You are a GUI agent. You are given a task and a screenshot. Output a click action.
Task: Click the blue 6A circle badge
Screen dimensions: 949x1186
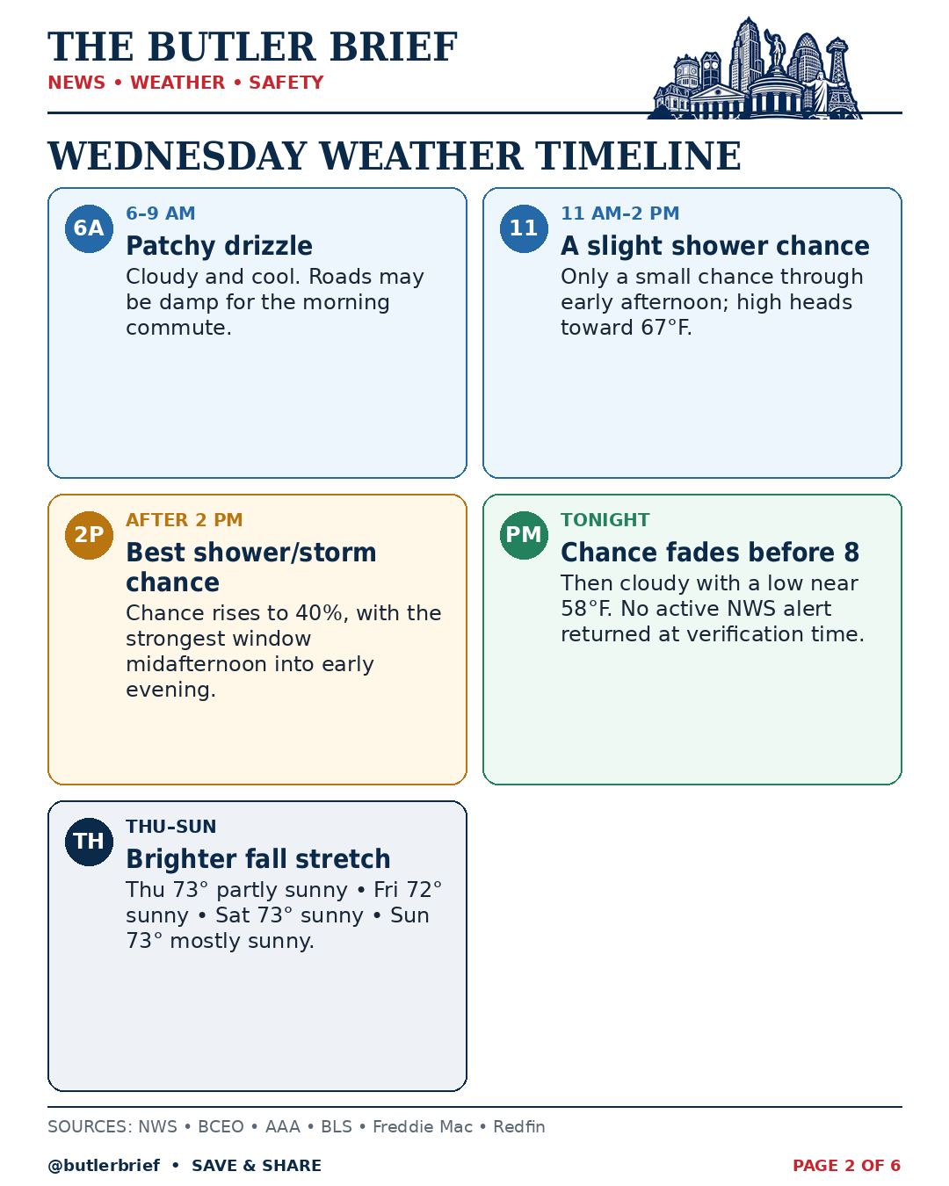click(x=89, y=228)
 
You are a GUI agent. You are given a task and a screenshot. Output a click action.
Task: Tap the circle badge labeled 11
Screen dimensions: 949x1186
click(x=524, y=228)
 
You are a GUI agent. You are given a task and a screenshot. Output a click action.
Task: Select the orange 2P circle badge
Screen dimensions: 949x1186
click(x=89, y=535)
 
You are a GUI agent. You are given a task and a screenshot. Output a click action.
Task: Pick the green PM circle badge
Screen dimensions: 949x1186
click(x=524, y=535)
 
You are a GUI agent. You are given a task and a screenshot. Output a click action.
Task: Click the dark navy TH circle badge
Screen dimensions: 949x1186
click(x=89, y=841)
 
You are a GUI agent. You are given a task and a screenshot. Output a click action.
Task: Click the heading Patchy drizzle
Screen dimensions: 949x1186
click(x=219, y=246)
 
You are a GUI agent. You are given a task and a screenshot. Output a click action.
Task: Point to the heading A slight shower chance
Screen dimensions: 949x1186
click(x=714, y=246)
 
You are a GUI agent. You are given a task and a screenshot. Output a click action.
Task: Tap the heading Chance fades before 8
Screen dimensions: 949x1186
click(x=710, y=553)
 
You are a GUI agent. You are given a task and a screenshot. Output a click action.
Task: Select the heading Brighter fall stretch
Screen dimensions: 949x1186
click(x=258, y=858)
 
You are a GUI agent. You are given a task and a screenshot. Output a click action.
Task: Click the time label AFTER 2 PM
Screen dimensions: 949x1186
click(x=185, y=520)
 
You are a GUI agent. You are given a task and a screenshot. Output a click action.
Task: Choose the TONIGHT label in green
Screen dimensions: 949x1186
click(x=605, y=520)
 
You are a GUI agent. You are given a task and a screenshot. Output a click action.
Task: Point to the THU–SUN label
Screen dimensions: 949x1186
click(x=171, y=826)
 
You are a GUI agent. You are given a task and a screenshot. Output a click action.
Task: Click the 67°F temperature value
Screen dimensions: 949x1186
click(x=665, y=328)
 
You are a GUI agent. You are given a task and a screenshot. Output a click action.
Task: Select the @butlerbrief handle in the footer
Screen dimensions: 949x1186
click(x=104, y=1165)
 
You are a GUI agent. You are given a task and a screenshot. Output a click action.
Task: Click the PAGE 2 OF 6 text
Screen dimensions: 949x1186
click(x=846, y=1165)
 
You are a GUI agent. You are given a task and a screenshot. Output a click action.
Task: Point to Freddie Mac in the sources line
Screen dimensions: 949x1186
click(x=423, y=1126)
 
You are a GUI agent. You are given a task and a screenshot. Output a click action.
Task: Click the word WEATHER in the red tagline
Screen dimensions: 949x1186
click(x=177, y=83)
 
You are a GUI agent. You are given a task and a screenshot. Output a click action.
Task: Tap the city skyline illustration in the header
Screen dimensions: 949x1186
click(x=755, y=68)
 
